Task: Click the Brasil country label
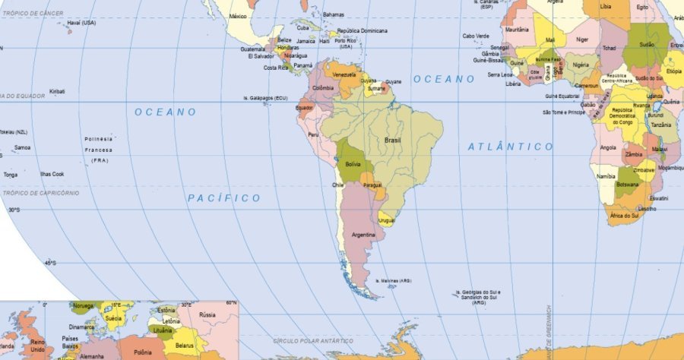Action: click(x=393, y=141)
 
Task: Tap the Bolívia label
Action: click(x=353, y=164)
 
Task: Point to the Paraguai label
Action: click(x=372, y=185)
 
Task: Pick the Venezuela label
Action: click(x=344, y=75)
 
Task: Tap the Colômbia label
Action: click(x=323, y=88)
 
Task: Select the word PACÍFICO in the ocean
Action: click(x=224, y=198)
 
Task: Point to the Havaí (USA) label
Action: click(x=81, y=23)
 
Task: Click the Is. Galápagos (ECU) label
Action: click(x=265, y=98)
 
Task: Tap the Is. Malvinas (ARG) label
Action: click(x=394, y=280)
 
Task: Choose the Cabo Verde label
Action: click(x=476, y=36)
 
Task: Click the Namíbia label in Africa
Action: click(x=606, y=176)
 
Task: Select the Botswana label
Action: click(x=627, y=185)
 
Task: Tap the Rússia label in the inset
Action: click(x=207, y=314)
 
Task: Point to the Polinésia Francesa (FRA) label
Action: click(x=99, y=150)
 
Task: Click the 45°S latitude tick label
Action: click(x=51, y=263)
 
